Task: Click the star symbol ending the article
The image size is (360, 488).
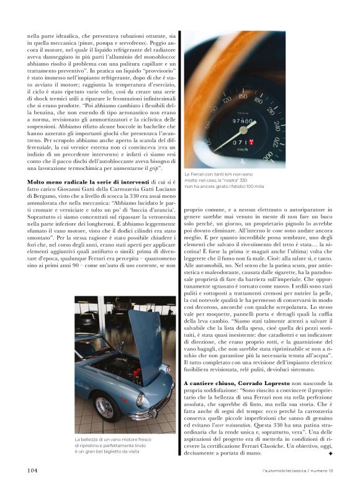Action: tap(331, 454)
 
